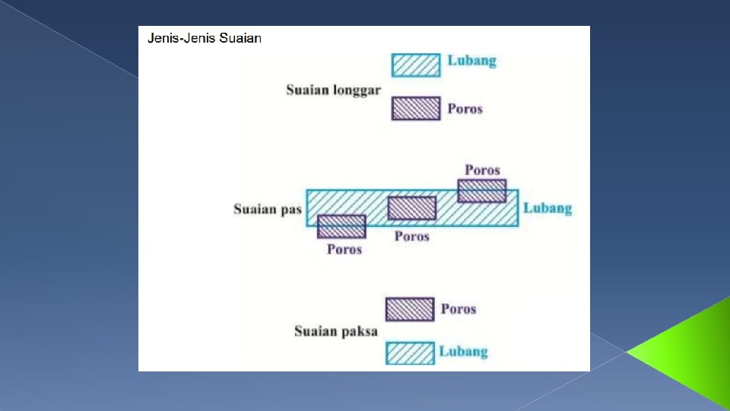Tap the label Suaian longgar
(x=333, y=90)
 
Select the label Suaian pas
(x=268, y=209)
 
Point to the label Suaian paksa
(x=335, y=331)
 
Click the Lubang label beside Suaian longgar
(x=471, y=61)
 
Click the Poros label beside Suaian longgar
(x=465, y=109)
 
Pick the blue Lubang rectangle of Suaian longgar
(x=416, y=65)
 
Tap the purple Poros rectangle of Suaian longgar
(x=416, y=108)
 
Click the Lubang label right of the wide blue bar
(x=547, y=208)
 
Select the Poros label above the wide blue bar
(x=482, y=170)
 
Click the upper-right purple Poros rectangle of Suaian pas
(x=482, y=190)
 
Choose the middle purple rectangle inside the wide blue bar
(x=411, y=208)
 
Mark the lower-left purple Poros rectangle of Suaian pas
(x=341, y=227)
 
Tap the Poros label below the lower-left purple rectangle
(x=344, y=249)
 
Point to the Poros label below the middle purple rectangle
(x=411, y=236)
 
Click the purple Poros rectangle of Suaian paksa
(x=410, y=309)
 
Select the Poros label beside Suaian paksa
(x=458, y=309)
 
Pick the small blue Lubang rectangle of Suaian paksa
(x=410, y=353)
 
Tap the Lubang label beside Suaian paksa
(x=463, y=351)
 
